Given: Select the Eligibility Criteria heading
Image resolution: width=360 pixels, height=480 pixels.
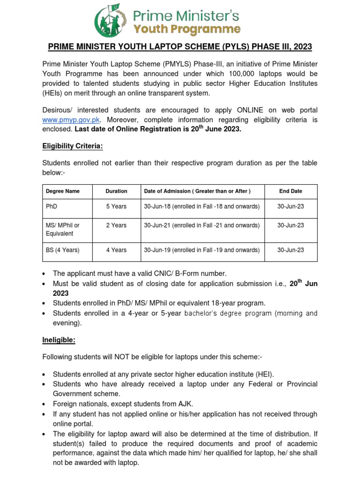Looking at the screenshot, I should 72,146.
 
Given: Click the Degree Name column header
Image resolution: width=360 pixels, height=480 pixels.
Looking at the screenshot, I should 63,191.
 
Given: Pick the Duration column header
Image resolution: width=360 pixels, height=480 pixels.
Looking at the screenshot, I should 116,191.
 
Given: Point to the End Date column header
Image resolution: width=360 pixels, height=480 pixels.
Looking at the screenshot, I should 291,191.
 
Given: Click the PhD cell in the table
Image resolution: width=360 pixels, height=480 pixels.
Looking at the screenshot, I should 51,207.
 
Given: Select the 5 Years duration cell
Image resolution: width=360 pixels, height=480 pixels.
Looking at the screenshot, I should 116,207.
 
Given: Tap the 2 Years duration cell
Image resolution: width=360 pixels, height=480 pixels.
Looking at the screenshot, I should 116,225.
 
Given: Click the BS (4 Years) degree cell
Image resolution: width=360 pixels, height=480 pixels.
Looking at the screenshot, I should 63,250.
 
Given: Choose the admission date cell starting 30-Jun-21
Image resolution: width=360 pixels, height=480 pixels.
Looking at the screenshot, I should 202,225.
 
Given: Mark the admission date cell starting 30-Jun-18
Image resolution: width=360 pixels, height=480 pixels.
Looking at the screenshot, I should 202,207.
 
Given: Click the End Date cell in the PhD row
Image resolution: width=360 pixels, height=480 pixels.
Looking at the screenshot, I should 291,207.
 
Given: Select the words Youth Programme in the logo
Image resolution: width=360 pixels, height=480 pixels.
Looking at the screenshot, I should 187,30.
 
